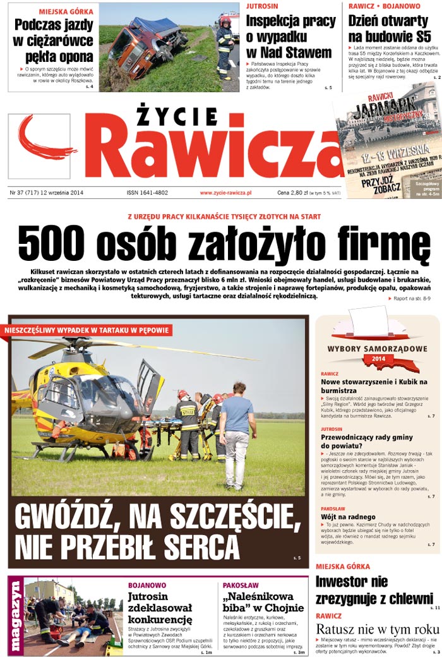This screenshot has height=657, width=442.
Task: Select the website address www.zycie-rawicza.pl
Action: point(225,193)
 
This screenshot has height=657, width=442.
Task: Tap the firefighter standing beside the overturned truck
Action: point(225,47)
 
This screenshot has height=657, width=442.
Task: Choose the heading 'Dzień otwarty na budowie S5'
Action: point(390,28)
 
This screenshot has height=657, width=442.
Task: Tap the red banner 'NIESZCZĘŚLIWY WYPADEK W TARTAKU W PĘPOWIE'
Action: point(87,330)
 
